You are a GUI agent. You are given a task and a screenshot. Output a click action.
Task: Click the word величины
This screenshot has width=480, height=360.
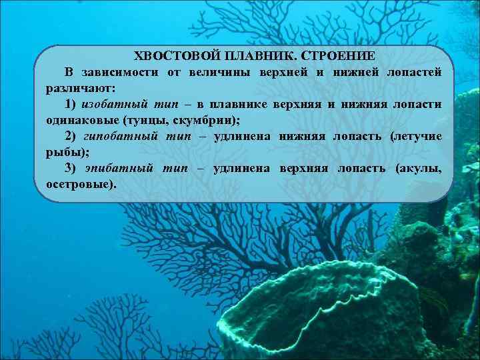coord(216,71)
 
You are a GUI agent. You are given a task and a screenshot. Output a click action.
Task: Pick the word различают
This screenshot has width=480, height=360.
coord(79,87)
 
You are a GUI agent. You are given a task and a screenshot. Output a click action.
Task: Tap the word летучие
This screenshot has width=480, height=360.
coord(417,136)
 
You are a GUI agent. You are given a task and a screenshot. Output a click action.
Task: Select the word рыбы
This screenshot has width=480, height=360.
coord(63,152)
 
